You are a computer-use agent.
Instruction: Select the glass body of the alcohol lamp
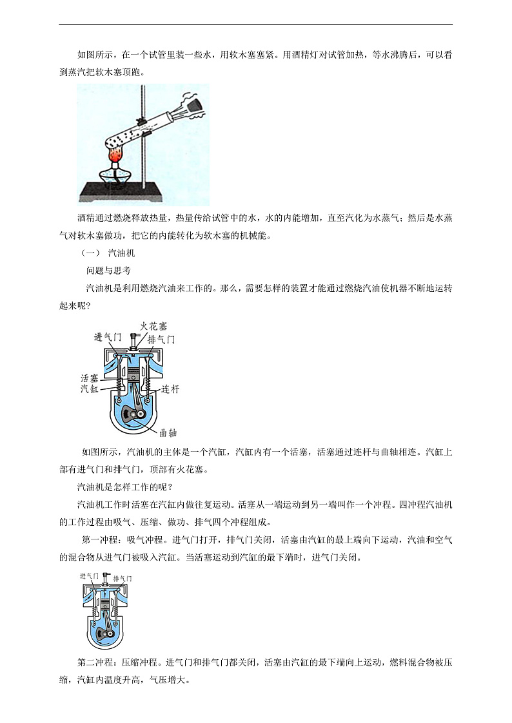pyautogui.click(x=114, y=177)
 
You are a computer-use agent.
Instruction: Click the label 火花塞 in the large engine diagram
pyautogui.click(x=153, y=326)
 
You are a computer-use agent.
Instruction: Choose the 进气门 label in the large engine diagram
pyautogui.click(x=108, y=337)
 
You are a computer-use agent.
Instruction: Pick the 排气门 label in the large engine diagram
pyautogui.click(x=161, y=340)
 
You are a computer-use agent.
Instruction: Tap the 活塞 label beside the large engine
pyautogui.click(x=90, y=378)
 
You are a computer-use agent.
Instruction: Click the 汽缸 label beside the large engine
pyautogui.click(x=90, y=389)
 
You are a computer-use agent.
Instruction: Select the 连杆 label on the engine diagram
pyautogui.click(x=170, y=389)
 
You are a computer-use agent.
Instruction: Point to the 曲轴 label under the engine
pyautogui.click(x=168, y=432)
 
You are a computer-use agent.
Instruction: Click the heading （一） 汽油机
pyautogui.click(x=108, y=253)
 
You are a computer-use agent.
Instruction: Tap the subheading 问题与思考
pyautogui.click(x=108, y=271)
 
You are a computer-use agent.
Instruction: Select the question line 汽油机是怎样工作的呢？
pyautogui.click(x=124, y=487)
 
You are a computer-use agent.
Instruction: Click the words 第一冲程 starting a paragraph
pyautogui.click(x=100, y=540)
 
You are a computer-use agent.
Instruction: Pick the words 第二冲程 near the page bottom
pyautogui.click(x=95, y=662)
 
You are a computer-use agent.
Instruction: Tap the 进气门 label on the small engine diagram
pyautogui.click(x=89, y=576)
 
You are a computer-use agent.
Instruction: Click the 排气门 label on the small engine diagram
pyautogui.click(x=123, y=578)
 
